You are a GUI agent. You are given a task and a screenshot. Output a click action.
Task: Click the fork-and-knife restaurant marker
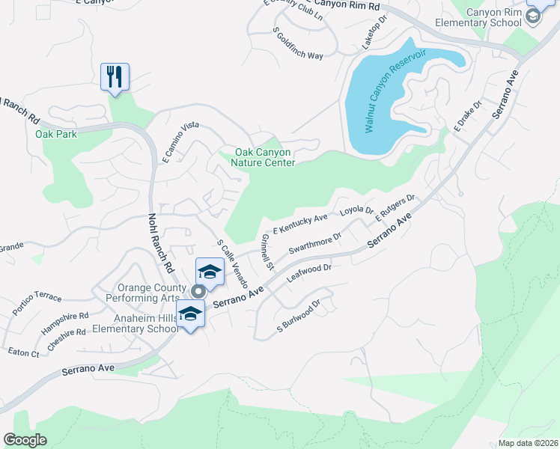coord(115,76)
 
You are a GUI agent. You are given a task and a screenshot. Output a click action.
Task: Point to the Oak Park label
coord(56,135)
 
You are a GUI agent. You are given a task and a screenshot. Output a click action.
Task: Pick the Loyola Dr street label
coord(356,211)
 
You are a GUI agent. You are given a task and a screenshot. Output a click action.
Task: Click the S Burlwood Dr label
coord(298,316)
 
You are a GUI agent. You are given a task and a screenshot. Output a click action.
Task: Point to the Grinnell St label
coord(267,252)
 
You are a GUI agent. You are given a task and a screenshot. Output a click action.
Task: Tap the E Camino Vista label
coord(180,141)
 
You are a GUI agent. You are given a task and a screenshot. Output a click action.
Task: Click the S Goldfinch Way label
coord(298,44)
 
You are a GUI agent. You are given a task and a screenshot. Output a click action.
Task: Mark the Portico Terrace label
coord(37,302)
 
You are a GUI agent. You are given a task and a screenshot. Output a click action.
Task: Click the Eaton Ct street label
coord(23,352)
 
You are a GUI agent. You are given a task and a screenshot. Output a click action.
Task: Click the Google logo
coord(25,440)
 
